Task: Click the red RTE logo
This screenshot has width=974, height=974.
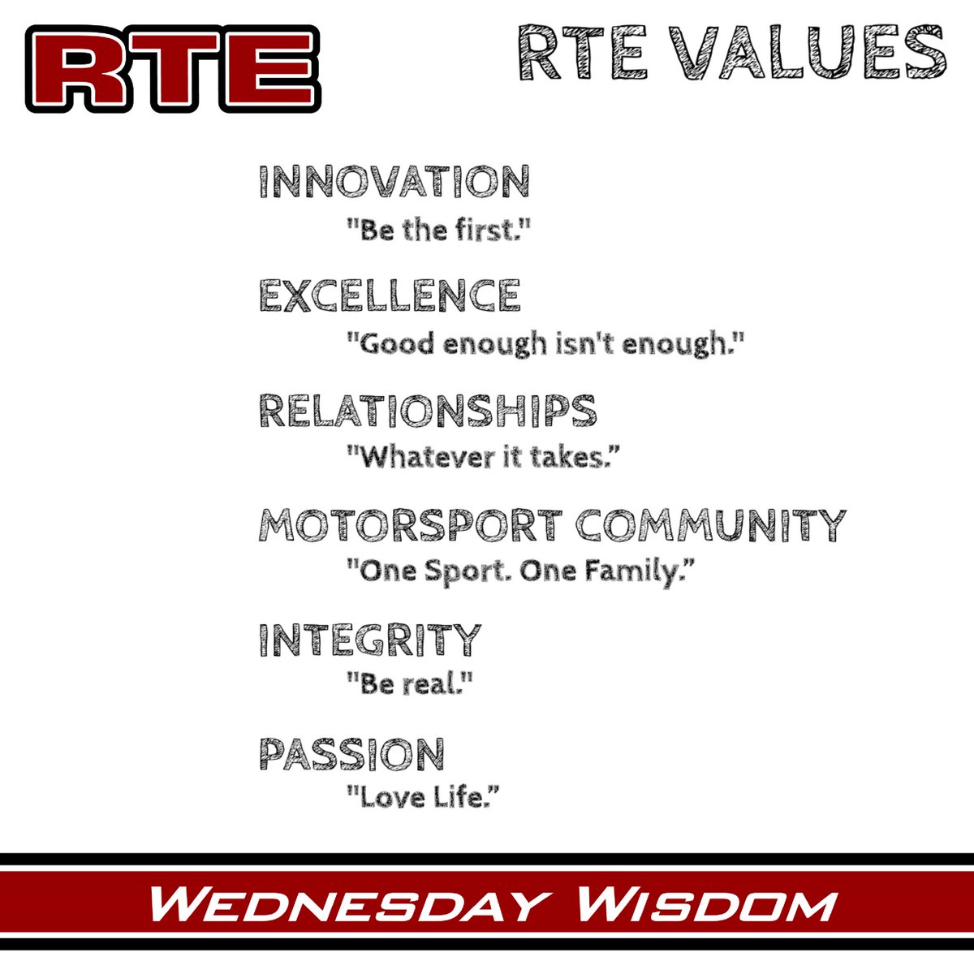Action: pyautogui.click(x=173, y=69)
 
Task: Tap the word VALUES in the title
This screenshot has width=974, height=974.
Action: pyautogui.click(x=812, y=52)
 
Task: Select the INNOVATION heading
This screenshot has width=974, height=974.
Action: pyautogui.click(x=394, y=182)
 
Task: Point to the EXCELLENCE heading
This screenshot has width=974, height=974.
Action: pyautogui.click(x=390, y=295)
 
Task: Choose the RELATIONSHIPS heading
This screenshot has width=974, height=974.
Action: pyautogui.click(x=428, y=410)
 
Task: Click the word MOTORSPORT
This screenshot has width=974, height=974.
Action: pyautogui.click(x=411, y=525)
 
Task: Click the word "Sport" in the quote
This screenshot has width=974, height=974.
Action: pyautogui.click(x=454, y=572)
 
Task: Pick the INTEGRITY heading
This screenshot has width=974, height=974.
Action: pyautogui.click(x=370, y=640)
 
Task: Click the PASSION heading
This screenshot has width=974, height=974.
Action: pyautogui.click(x=351, y=754)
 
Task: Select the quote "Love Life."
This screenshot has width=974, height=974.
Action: pyautogui.click(x=422, y=799)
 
